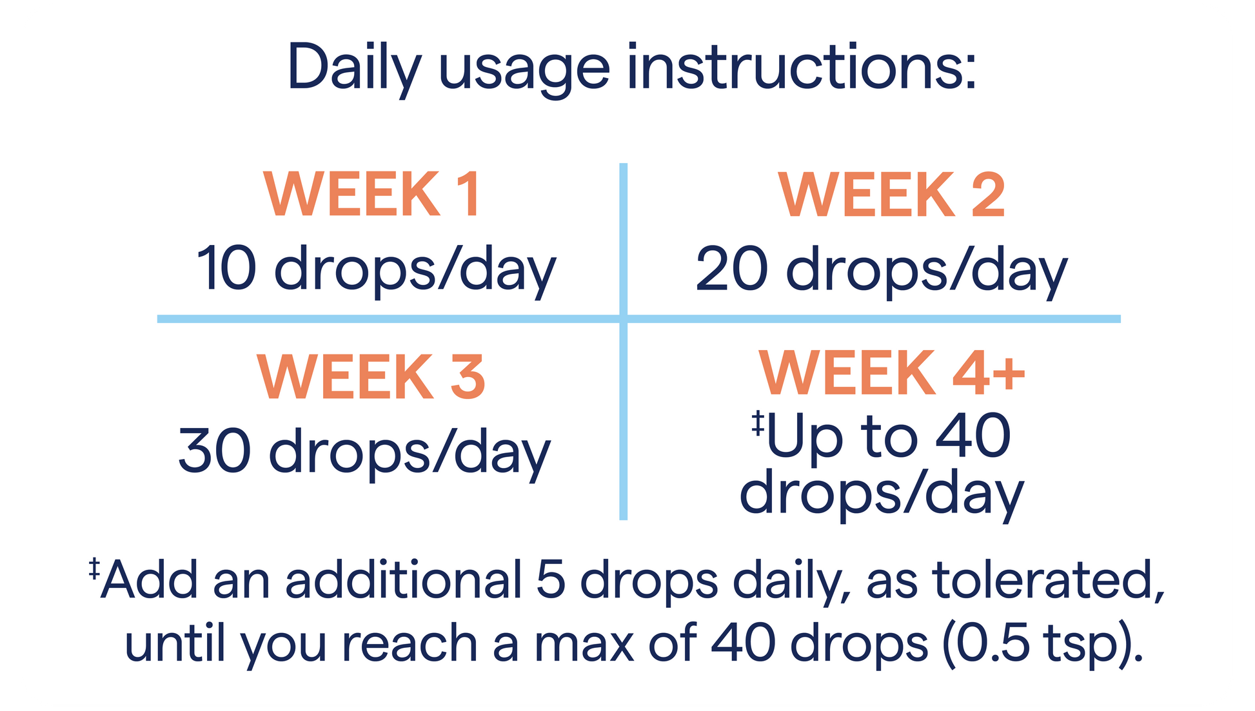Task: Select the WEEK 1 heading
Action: [x=372, y=194]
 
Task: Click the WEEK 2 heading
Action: [x=891, y=194]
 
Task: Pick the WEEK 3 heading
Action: [x=371, y=376]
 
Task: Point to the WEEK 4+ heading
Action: [x=892, y=372]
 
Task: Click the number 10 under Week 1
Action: [x=226, y=268]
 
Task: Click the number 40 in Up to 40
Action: [x=973, y=436]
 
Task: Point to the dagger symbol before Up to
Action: [x=758, y=423]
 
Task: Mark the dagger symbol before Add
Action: [x=94, y=569]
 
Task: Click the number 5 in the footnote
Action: [x=551, y=579]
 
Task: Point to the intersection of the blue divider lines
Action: [x=623, y=318]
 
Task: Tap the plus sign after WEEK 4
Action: [x=1009, y=375]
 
